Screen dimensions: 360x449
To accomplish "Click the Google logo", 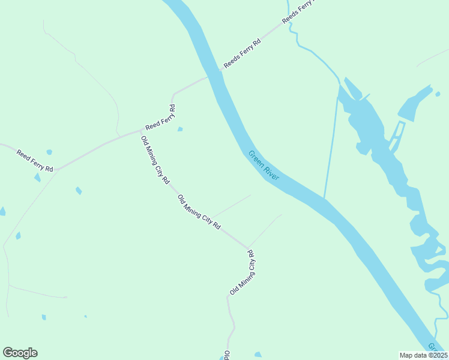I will (20, 353).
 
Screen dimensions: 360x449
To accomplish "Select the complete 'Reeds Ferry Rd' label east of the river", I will (243, 53).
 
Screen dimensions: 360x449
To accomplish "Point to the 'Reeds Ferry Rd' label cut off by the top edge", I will (298, 11).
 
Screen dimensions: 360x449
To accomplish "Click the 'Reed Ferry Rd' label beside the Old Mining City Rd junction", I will (160, 118).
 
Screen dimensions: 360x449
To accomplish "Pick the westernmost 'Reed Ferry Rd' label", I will (35, 161).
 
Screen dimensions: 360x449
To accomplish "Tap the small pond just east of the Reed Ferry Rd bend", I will (180, 128).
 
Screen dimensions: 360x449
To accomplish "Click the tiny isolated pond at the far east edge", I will (438, 94).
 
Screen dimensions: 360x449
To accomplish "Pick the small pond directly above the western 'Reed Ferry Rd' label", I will (49, 152).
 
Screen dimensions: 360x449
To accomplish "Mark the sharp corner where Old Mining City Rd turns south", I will (247, 247).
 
